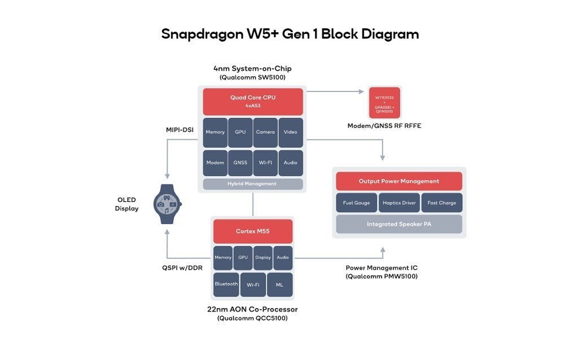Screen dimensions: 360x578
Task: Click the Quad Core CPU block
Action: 253,101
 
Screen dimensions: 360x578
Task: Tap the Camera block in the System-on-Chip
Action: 265,132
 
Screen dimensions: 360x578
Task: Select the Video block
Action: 291,132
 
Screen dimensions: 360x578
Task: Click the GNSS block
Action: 240,163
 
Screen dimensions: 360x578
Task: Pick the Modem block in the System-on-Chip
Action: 215,163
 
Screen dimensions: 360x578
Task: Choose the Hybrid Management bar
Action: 252,184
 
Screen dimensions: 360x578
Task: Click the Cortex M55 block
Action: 252,231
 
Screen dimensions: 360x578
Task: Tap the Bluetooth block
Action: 226,284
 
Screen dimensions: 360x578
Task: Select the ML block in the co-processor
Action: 279,284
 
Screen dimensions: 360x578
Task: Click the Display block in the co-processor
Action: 262,257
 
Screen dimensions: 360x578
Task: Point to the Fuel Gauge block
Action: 356,203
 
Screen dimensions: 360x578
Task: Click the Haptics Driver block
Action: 399,203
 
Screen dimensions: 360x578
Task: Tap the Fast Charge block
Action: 442,203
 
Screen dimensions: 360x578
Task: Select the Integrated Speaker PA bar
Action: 399,224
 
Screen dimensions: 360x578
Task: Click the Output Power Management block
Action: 399,181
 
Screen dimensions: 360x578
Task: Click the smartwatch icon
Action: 168,204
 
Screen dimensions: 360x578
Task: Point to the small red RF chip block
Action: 384,102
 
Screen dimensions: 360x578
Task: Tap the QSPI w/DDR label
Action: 178,268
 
